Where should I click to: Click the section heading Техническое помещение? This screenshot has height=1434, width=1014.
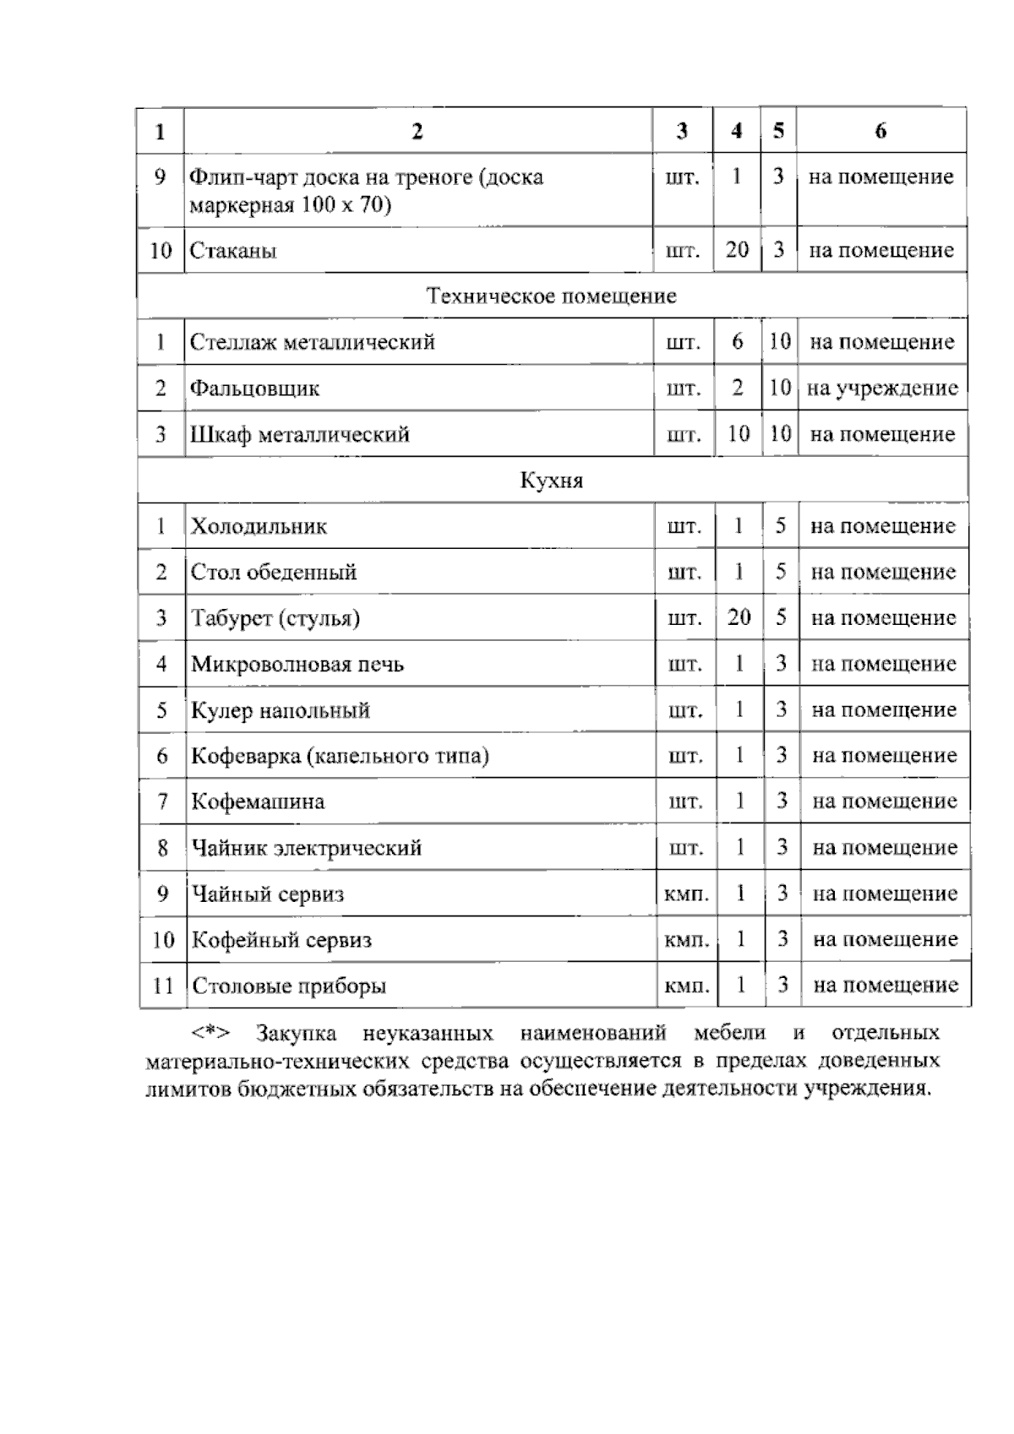point(551,296)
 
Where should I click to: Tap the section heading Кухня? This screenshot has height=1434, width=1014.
point(551,481)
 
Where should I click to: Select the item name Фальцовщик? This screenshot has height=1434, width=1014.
point(254,388)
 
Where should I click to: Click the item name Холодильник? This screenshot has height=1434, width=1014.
point(259,526)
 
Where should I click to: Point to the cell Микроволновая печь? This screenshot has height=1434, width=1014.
point(297,664)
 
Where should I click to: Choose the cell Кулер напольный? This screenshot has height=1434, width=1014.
point(281,710)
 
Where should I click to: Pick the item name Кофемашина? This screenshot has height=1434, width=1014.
point(258,801)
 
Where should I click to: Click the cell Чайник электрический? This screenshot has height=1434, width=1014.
point(306,848)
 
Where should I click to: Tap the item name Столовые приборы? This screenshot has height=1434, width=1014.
point(289,986)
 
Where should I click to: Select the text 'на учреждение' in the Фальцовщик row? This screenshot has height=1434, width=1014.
point(882,388)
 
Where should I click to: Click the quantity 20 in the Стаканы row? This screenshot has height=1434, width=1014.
point(737,250)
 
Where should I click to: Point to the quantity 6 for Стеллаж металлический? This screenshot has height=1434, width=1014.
point(738,342)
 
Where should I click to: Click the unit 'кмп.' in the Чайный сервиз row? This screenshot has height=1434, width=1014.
point(686,894)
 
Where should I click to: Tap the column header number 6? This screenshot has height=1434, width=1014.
point(881,131)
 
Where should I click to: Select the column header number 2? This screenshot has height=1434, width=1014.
point(417,131)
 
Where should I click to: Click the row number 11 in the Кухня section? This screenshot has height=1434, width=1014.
point(162,986)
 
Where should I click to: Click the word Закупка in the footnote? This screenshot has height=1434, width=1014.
point(297,1033)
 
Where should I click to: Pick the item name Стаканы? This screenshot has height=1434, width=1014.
point(233,251)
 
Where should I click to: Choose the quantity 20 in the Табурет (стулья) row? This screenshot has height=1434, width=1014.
point(739,618)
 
